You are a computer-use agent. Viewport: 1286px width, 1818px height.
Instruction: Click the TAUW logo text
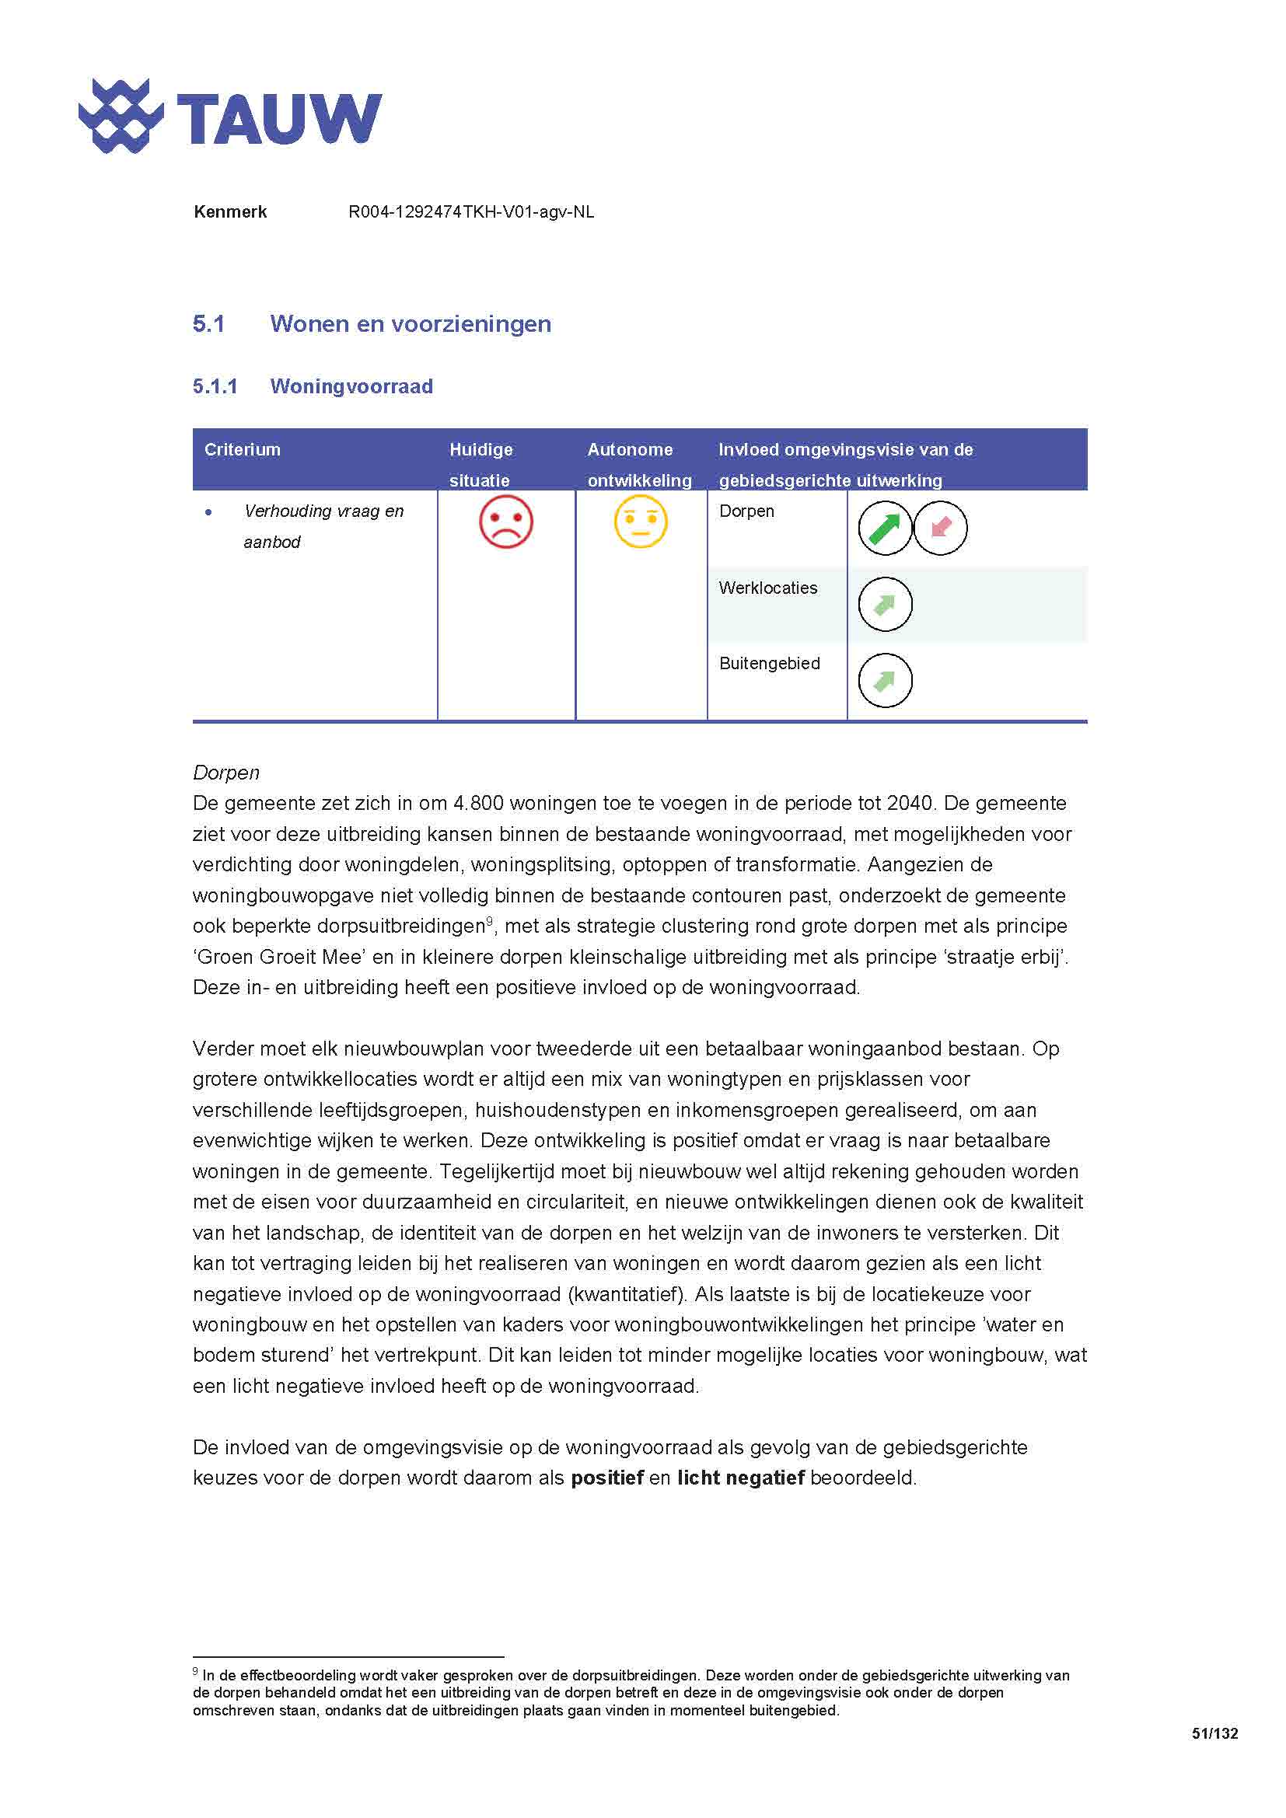pos(279,119)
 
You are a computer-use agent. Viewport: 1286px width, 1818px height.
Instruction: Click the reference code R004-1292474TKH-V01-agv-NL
pos(471,212)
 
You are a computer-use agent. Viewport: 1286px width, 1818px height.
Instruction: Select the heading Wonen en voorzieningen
pos(411,324)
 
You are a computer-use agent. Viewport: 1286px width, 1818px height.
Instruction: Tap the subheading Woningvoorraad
pos(351,386)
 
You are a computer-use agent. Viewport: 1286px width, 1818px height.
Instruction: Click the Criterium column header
pos(243,450)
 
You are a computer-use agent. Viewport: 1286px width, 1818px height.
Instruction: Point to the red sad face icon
pos(506,522)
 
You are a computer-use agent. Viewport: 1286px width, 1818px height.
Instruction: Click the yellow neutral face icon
pos(641,522)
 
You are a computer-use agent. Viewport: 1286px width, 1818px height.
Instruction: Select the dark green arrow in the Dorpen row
pos(885,528)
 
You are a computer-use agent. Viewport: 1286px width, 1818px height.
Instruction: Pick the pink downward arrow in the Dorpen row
pos(940,528)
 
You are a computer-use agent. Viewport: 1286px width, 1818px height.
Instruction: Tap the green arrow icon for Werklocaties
pos(885,605)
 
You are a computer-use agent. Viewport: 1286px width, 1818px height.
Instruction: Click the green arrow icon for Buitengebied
pos(885,680)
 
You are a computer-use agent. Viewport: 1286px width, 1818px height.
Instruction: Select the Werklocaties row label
pos(767,588)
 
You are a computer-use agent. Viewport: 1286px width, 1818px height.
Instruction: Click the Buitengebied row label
pos(769,664)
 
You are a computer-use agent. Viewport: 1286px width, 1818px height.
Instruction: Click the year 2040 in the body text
pos(909,803)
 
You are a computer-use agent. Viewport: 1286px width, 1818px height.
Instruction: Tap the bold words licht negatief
pos(740,1478)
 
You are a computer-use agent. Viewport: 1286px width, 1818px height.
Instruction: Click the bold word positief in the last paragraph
pos(606,1478)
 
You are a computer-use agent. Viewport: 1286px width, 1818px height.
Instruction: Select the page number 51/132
pos(1214,1733)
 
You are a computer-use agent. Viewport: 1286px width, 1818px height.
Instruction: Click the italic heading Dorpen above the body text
pos(225,773)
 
